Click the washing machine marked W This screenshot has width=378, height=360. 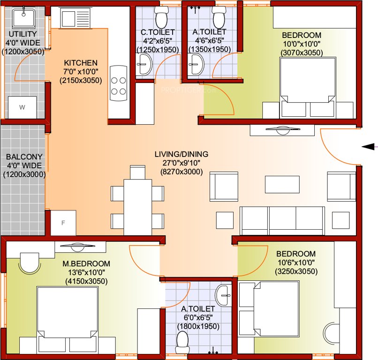(x=23, y=108)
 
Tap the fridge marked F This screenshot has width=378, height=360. (x=63, y=223)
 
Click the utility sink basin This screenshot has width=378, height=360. (x=23, y=19)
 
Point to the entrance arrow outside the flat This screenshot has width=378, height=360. (x=369, y=147)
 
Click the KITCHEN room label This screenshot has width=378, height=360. (x=81, y=63)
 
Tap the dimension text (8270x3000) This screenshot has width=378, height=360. (x=181, y=172)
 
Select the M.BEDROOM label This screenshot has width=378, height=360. (x=86, y=263)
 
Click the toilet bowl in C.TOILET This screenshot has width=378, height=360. (x=161, y=17)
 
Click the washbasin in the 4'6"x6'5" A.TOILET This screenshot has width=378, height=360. (x=196, y=63)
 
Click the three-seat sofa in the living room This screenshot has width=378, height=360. (x=282, y=220)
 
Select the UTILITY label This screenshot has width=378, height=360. (x=23, y=34)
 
